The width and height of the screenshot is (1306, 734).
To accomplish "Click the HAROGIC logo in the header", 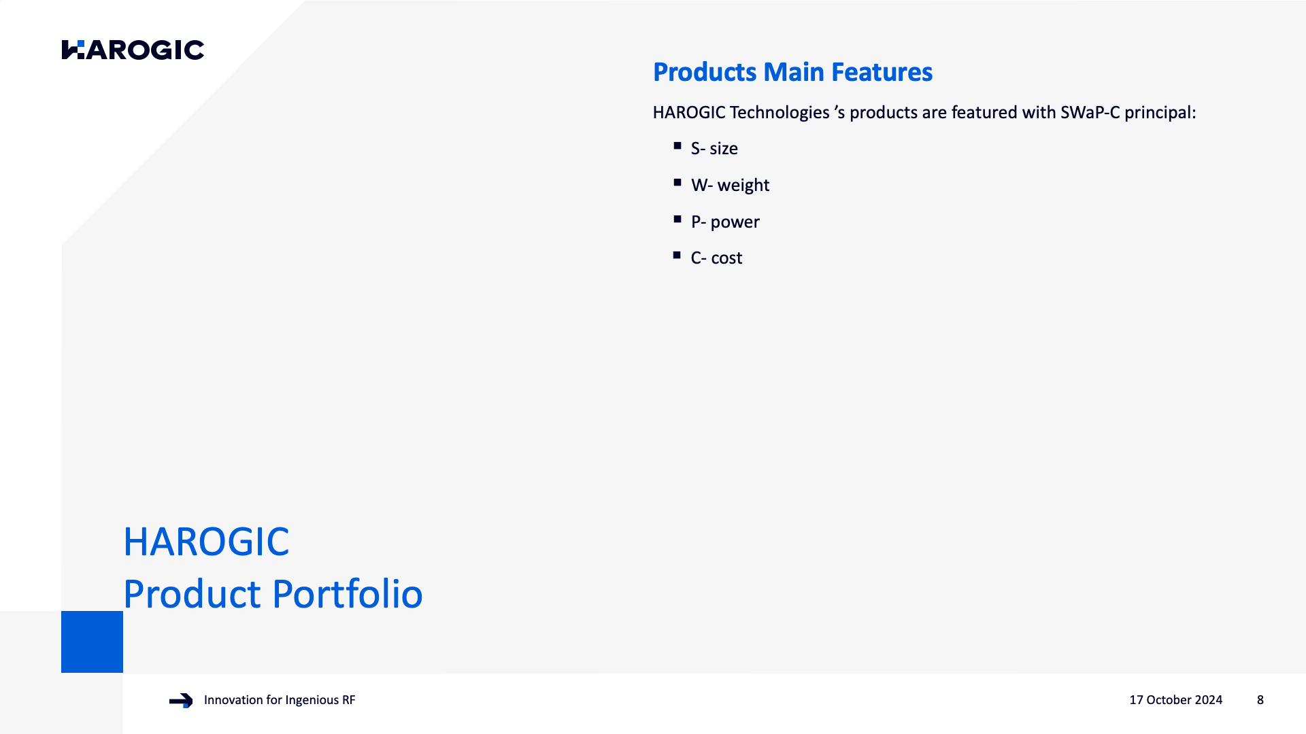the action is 133,50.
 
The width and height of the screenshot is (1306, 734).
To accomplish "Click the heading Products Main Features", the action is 792,72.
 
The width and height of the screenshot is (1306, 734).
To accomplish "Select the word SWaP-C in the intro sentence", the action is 1090,112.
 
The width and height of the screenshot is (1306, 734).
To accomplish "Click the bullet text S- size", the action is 714,148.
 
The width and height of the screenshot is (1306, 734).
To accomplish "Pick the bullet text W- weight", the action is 730,185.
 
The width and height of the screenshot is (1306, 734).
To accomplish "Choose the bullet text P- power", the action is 725,222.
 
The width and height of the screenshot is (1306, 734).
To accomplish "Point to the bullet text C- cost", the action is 716,258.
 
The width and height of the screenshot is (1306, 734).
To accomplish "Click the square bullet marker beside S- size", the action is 677,145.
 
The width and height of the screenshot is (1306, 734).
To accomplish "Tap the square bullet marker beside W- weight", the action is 677,182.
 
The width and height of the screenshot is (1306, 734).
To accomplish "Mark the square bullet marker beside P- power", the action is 677,219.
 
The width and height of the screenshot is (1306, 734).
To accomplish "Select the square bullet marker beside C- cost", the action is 677,255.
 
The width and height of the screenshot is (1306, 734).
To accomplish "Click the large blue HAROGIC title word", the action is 206,542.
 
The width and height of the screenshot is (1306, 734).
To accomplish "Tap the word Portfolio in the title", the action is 348,593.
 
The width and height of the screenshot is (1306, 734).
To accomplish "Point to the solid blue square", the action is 92,642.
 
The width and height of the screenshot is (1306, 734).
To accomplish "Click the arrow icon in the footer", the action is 181,701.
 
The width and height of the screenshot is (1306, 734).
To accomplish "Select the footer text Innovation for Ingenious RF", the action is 280,700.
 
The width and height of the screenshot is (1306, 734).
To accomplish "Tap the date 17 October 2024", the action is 1175,700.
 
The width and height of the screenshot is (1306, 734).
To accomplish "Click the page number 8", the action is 1260,700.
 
